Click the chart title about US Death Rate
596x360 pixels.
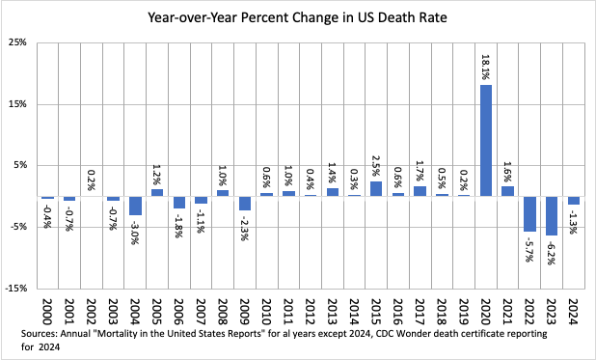297,16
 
